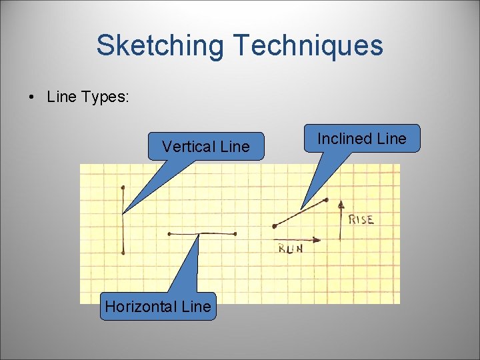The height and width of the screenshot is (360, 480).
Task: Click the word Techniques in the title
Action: click(308, 45)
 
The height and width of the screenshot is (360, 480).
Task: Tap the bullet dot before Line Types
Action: click(31, 97)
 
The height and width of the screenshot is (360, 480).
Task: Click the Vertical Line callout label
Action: click(205, 147)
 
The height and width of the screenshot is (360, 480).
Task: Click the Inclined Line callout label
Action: click(361, 139)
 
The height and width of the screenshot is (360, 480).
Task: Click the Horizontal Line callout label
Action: click(158, 307)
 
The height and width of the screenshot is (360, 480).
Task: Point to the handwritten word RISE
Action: click(361, 219)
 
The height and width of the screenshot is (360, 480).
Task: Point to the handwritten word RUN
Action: click(290, 249)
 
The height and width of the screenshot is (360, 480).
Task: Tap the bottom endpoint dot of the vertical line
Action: click(123, 253)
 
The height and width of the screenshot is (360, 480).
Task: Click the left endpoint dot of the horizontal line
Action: click(169, 234)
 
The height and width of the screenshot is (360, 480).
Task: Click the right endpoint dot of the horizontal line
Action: click(236, 234)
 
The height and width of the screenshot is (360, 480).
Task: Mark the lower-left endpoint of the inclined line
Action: click(274, 226)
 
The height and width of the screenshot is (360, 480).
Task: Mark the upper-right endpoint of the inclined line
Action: click(327, 199)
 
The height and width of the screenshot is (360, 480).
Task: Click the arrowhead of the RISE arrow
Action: click(341, 202)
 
